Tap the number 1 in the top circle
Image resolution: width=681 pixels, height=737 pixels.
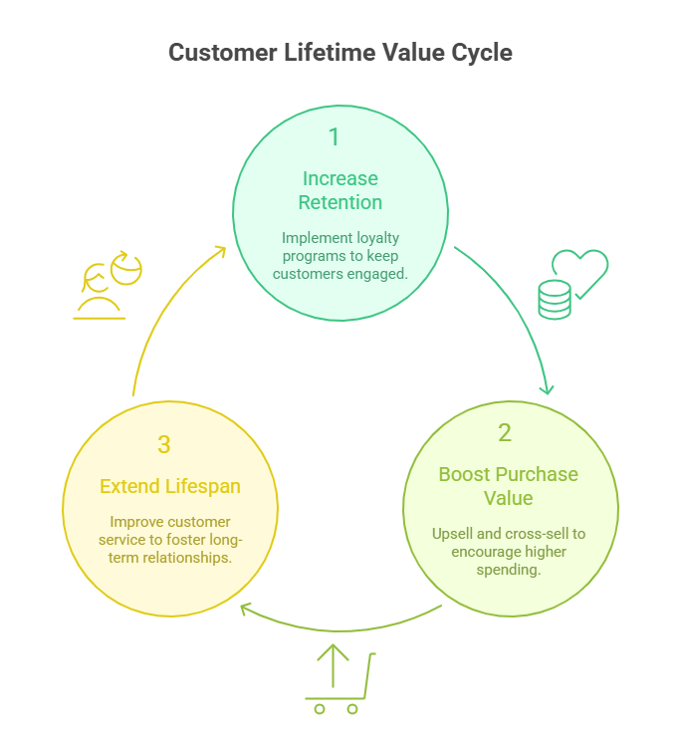(334, 136)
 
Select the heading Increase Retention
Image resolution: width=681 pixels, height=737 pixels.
(340, 190)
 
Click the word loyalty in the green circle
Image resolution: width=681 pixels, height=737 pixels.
(377, 238)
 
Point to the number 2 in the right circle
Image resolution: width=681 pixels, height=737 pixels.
(505, 432)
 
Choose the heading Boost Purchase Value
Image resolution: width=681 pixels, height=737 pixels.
(508, 486)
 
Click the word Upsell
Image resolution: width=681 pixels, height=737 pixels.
(454, 534)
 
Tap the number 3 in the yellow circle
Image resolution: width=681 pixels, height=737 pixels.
(164, 444)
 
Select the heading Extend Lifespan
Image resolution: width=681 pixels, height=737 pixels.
(169, 487)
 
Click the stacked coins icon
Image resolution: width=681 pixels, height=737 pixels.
(555, 299)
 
